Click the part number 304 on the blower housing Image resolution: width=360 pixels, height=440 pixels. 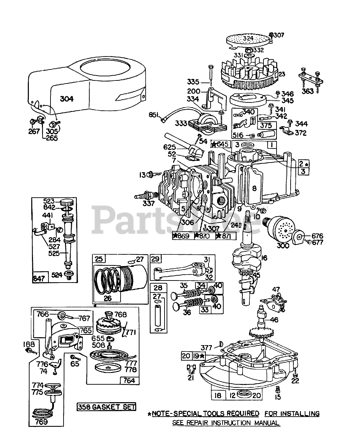click(67, 99)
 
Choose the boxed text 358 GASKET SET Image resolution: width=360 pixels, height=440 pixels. click(106, 407)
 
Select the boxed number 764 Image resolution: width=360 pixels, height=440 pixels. click(129, 380)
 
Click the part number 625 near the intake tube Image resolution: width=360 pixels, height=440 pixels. click(170, 147)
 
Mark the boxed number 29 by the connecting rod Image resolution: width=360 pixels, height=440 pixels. click(156, 258)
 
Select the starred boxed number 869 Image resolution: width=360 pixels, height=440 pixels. click(182, 236)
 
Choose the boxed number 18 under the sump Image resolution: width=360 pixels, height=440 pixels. click(218, 395)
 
